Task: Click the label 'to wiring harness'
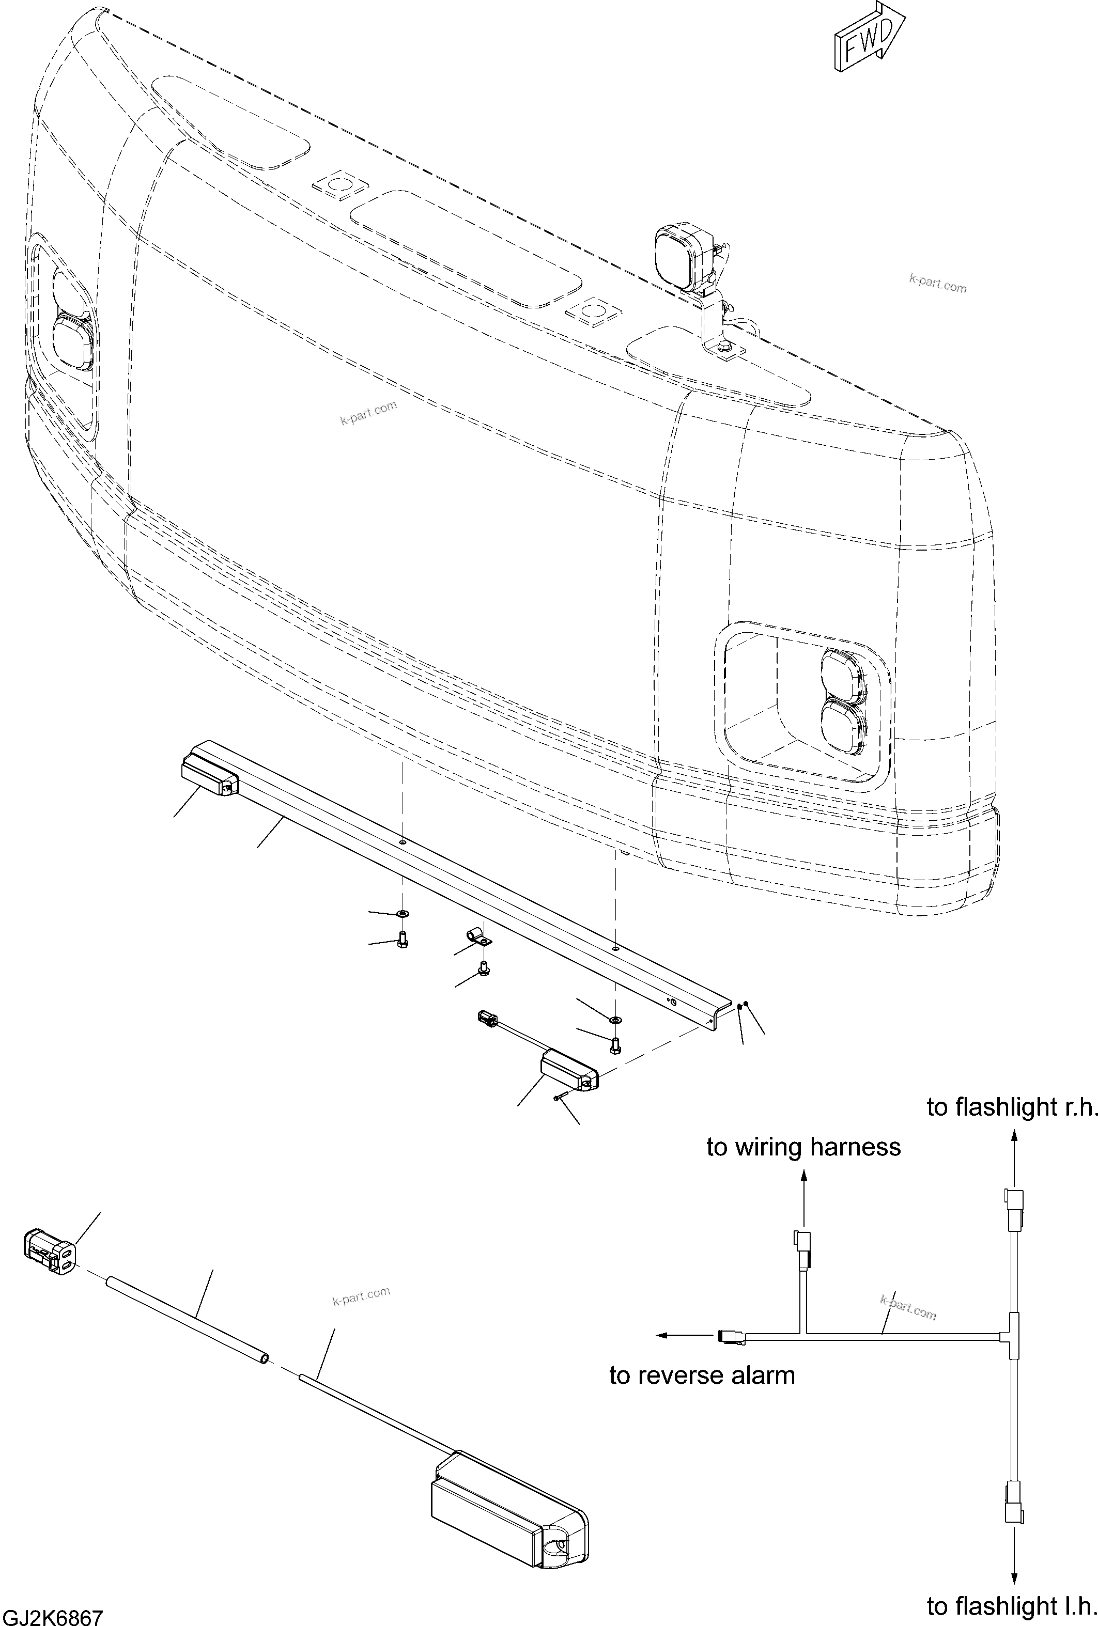[x=803, y=1147]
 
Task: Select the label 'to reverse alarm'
[x=702, y=1375]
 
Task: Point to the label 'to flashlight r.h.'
[x=1012, y=1107]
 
